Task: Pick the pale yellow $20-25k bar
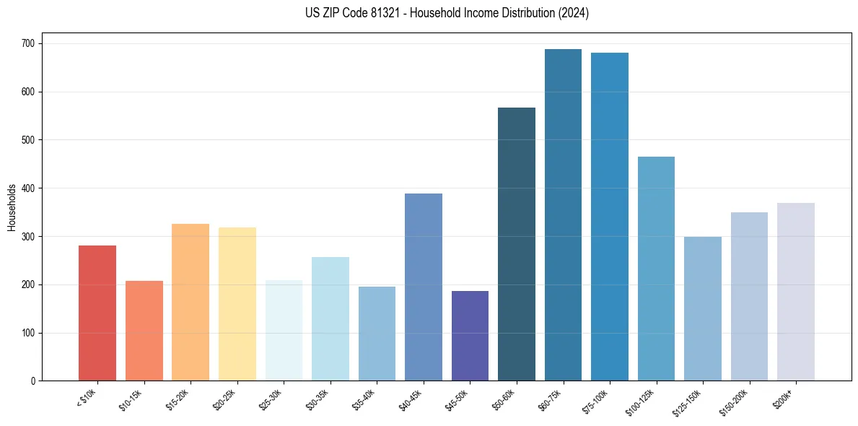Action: pyautogui.click(x=237, y=304)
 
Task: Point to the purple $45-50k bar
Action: pyautogui.click(x=470, y=336)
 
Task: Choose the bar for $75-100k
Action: pyautogui.click(x=610, y=217)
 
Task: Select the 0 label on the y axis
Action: pyautogui.click(x=34, y=381)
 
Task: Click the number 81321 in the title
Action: pyautogui.click(x=390, y=13)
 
